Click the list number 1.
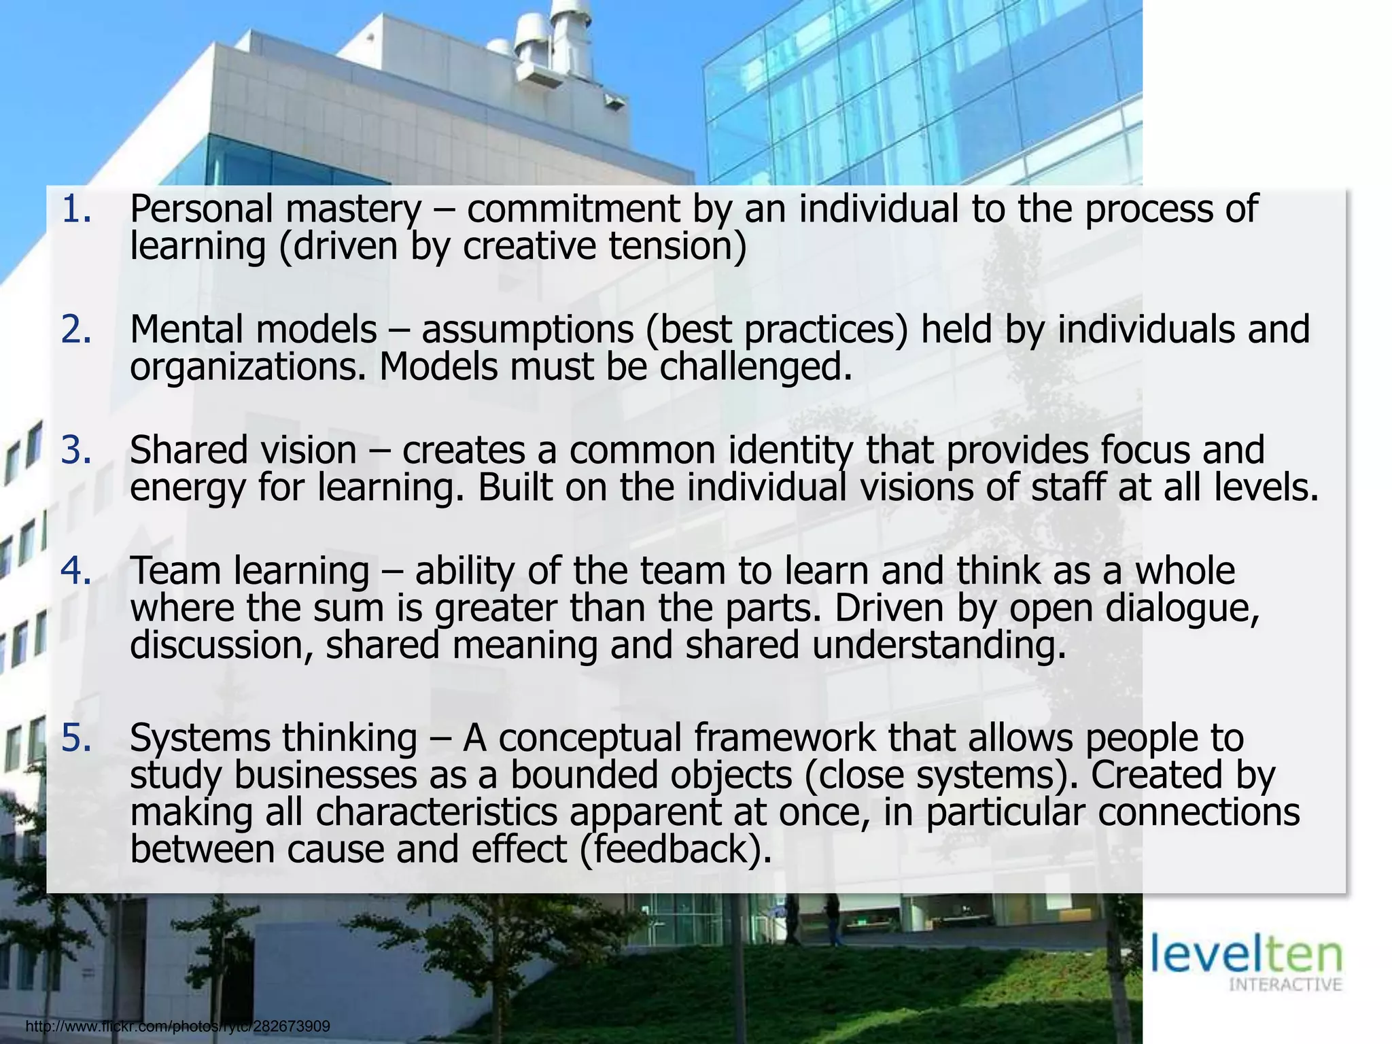pos(75,209)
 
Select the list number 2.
pos(75,330)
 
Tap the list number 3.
pos(75,451)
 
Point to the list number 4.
pos(75,571)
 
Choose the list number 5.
pos(75,738)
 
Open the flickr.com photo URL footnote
pos(177,1026)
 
